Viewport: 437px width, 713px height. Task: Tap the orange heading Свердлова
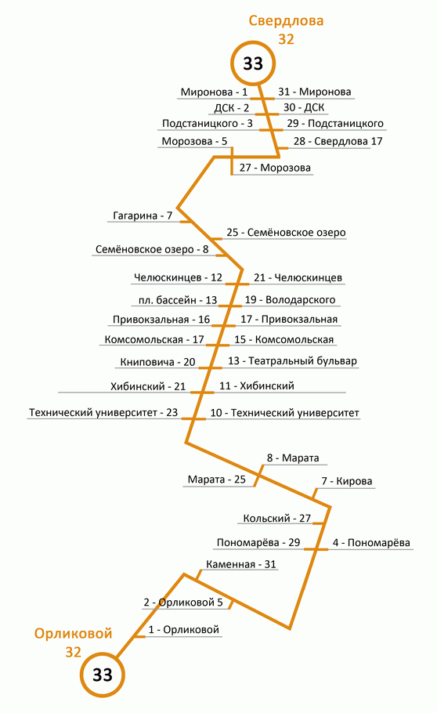coord(286,21)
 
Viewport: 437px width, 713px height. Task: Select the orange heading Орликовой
coord(73,633)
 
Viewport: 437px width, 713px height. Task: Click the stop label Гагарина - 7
coord(143,215)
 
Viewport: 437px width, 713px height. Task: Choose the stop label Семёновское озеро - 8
coord(152,249)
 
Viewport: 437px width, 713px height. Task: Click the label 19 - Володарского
coord(290,299)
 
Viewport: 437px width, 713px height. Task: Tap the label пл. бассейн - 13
coord(178,300)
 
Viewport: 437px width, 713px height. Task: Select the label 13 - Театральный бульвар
coord(292,360)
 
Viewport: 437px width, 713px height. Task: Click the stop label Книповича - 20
coord(157,362)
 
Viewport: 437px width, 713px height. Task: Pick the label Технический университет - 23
coord(103,412)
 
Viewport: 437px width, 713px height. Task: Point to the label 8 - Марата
coord(293,458)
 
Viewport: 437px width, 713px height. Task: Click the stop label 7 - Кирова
coord(346,481)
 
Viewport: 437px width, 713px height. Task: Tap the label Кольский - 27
coord(277,519)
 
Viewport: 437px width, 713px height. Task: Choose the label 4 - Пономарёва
coord(371,542)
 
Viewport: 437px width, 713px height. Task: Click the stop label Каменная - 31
coord(241,564)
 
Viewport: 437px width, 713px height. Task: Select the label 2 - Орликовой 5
coord(183,603)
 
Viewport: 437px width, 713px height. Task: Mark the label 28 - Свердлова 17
coord(338,141)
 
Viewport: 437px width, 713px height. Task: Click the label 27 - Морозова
coord(275,168)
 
